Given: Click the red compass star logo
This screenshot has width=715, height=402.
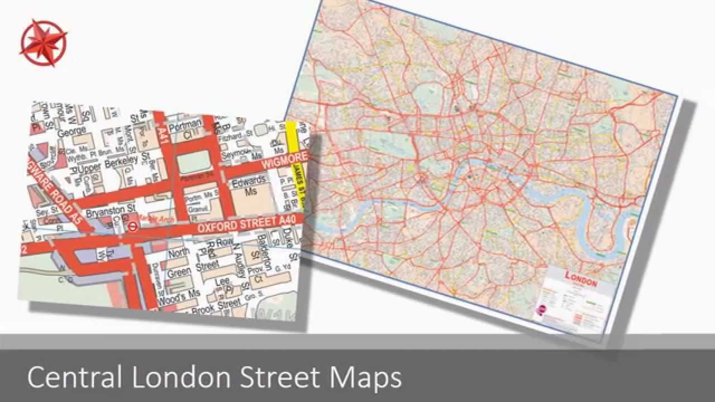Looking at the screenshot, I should [43, 43].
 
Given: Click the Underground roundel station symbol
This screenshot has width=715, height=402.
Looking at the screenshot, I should [133, 227].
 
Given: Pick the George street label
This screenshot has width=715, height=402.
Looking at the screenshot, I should [71, 133].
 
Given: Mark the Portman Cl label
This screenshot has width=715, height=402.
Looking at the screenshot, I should [187, 127].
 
